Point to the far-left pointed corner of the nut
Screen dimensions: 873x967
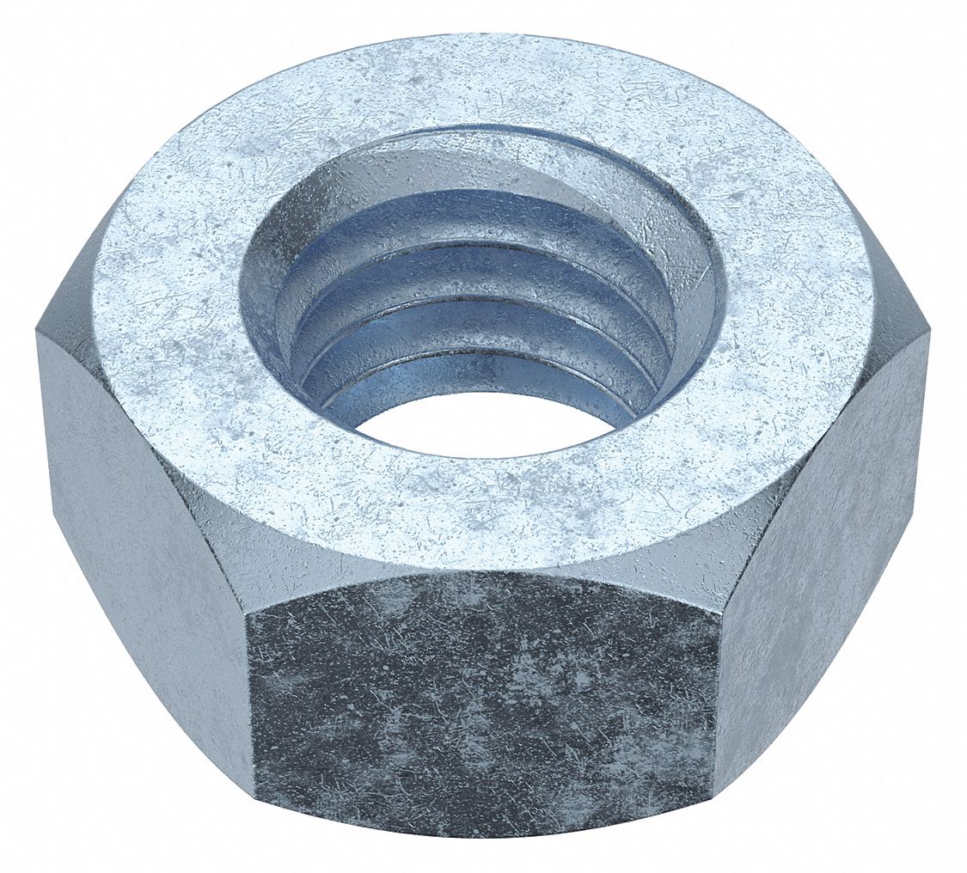36,332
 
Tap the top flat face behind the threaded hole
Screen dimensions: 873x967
481,82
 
